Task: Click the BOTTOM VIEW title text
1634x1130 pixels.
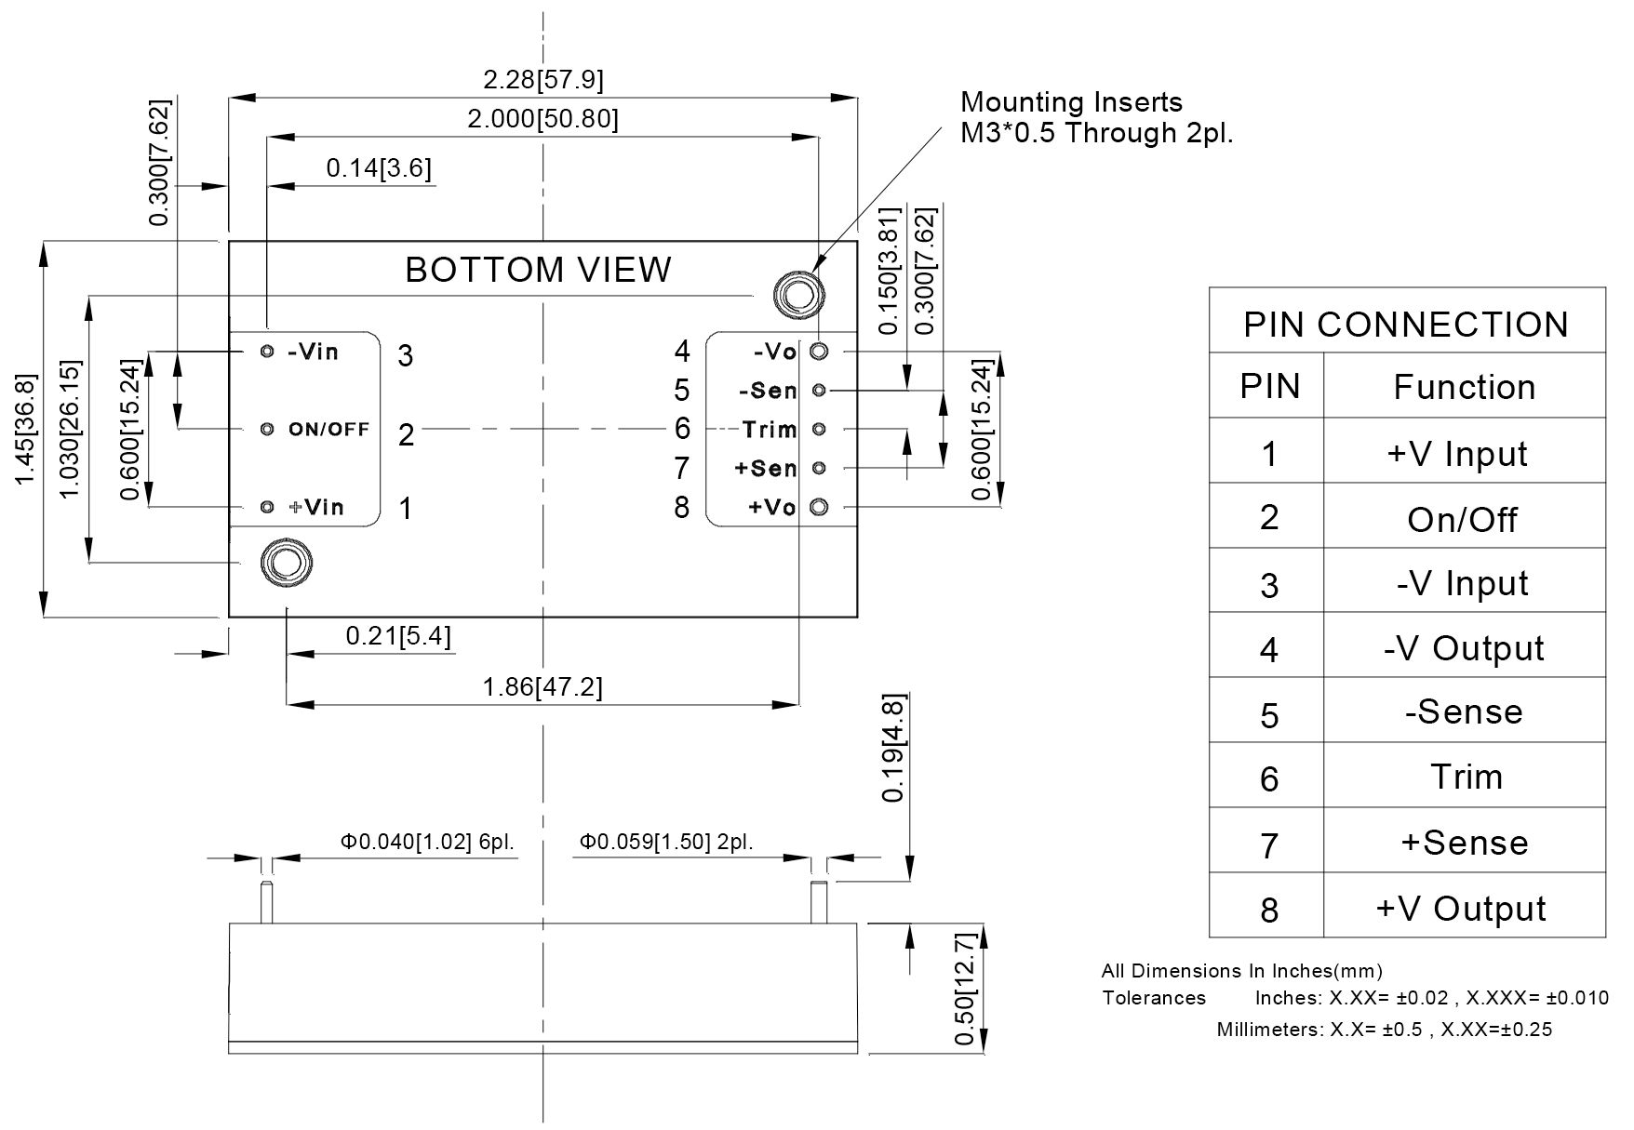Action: coord(538,270)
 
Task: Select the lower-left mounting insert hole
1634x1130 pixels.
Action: coord(286,563)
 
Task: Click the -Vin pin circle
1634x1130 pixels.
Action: coord(267,352)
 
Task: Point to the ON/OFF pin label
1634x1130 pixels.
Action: coord(328,429)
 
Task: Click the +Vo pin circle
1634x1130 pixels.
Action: coord(819,507)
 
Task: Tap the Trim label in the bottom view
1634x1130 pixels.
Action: coord(770,429)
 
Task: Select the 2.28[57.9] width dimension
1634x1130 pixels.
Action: coord(543,80)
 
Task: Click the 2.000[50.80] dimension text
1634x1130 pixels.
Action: coord(542,119)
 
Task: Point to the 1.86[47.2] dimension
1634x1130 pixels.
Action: coord(542,687)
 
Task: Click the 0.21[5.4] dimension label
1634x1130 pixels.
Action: coord(398,636)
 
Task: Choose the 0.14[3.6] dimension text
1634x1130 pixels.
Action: coord(379,168)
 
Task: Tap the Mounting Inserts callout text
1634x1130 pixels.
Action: coord(1096,117)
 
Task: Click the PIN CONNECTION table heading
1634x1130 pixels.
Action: coord(1406,325)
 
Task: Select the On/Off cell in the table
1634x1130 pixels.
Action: coord(1463,519)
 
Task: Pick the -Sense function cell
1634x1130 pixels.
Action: coord(1464,712)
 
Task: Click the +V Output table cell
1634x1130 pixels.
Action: coord(1461,908)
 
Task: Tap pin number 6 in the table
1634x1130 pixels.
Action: coord(1269,778)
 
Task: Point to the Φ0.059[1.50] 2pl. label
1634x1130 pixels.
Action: coord(666,843)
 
